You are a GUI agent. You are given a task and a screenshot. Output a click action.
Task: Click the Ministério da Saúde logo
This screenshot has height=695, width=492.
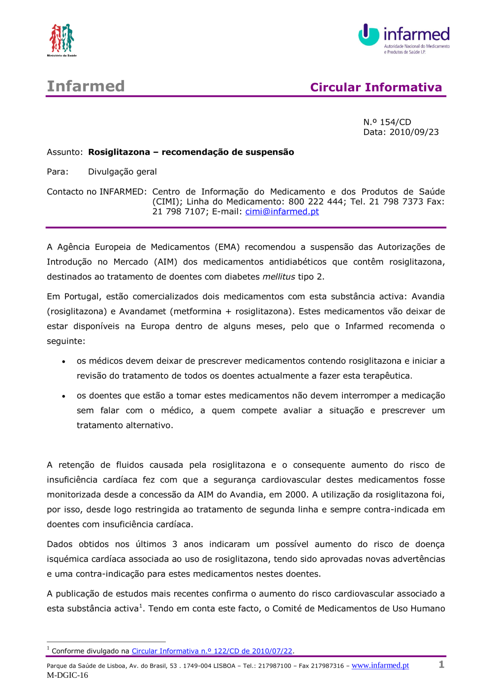[61, 40]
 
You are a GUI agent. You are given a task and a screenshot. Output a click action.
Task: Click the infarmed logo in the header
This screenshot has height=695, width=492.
[404, 38]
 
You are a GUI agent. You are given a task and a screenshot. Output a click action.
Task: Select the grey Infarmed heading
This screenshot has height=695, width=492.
[86, 86]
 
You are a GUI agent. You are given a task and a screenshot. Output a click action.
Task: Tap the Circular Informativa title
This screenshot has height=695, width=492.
[376, 87]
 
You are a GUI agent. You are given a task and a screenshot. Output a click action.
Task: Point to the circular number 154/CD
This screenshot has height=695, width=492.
[395, 122]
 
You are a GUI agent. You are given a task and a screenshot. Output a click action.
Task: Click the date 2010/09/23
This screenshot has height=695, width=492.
[414, 132]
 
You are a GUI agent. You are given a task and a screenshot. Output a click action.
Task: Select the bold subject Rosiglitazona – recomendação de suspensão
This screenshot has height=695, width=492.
[191, 152]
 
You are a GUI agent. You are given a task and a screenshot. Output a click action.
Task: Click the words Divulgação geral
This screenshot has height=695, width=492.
[122, 172]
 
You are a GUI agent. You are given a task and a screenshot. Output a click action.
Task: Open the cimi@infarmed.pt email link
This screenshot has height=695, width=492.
[282, 211]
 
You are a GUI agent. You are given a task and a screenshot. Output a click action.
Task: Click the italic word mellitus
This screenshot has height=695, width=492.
[278, 277]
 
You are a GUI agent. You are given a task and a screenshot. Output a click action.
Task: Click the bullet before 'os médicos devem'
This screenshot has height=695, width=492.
[63, 362]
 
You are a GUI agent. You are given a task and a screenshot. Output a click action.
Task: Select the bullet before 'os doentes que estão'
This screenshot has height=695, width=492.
[63, 396]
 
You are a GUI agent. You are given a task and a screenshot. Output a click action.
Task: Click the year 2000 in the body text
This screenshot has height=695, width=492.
[296, 494]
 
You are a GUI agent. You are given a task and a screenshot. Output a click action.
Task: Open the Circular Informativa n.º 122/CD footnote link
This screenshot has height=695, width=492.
[212, 651]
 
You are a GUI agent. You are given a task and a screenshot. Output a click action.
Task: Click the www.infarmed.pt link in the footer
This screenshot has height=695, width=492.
[380, 665]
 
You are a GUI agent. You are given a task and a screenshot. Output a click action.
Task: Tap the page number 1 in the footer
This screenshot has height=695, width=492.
[441, 665]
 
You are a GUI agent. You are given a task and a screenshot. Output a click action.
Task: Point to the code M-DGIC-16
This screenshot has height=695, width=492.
[67, 675]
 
